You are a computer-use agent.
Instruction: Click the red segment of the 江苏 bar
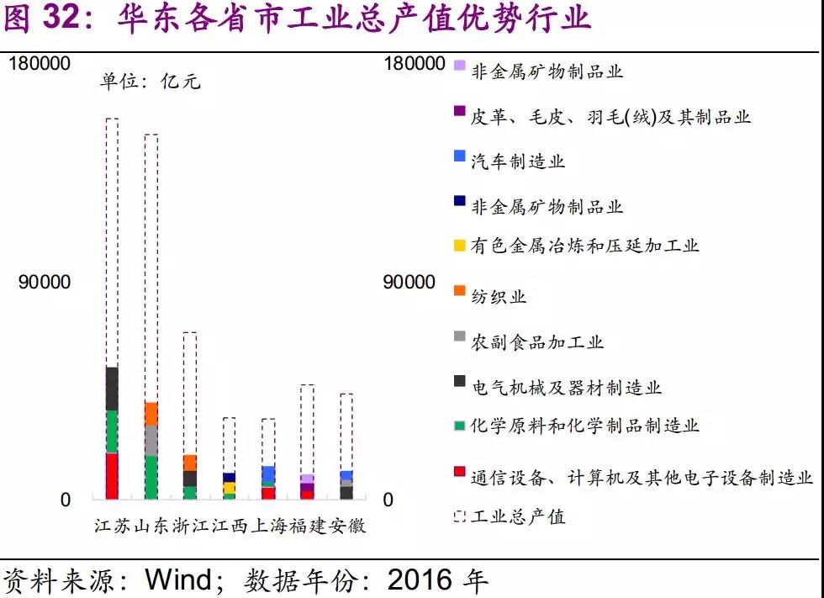pyautogui.click(x=112, y=476)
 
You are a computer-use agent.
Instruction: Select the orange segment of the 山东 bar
pyautogui.click(x=151, y=414)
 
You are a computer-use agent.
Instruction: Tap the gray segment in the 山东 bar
pyautogui.click(x=151, y=440)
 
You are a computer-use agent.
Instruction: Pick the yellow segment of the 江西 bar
pyautogui.click(x=229, y=487)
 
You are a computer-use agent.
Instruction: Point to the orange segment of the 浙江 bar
pyautogui.click(x=190, y=463)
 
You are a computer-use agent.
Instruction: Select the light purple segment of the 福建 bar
pyautogui.click(x=307, y=479)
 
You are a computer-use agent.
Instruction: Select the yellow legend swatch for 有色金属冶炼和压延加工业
pyautogui.click(x=459, y=246)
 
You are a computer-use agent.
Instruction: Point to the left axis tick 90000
pyautogui.click(x=45, y=283)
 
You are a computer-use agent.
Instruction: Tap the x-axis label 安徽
pyautogui.click(x=346, y=527)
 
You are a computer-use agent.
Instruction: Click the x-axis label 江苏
pyautogui.click(x=112, y=527)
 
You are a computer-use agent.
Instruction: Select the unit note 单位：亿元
pyautogui.click(x=151, y=82)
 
